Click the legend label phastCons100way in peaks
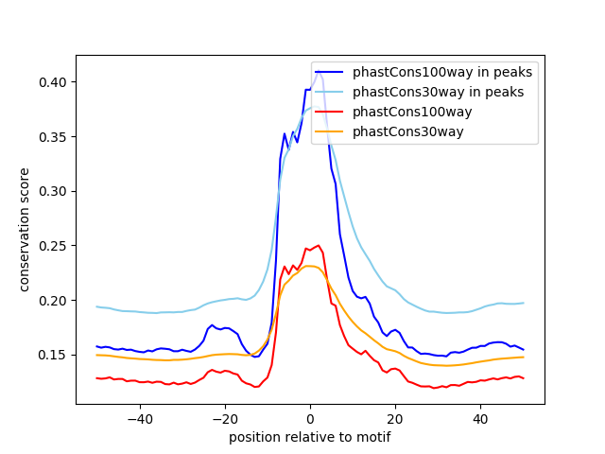coord(442,72)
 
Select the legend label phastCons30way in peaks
coord(438,93)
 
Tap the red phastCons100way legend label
coord(412,112)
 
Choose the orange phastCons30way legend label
coord(407,132)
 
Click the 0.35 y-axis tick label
coord(53,137)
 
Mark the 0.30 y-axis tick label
coord(53,191)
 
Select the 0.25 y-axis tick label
coord(53,246)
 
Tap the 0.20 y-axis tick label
coord(53,301)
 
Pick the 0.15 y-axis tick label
coord(53,356)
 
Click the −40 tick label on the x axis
coord(140,419)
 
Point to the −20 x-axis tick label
coord(225,419)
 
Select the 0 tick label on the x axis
coord(310,419)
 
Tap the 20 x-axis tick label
coord(395,419)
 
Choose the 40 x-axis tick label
coord(480,419)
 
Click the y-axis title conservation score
coord(24,230)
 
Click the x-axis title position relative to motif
coord(310,437)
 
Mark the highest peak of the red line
coord(319,245)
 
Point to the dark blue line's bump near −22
coord(212,325)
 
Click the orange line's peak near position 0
coord(309,266)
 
